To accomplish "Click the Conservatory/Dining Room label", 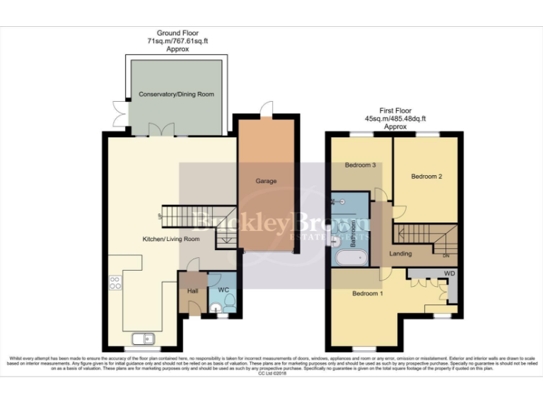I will [x=176, y=94].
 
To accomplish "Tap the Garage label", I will [x=266, y=181].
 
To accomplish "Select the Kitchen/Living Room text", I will [x=171, y=240].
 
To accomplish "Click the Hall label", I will [x=192, y=290].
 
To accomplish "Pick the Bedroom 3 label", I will [x=359, y=165].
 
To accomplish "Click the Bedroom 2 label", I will [x=426, y=176].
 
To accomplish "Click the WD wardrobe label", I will [x=450, y=273].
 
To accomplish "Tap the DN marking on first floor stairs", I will [x=446, y=256].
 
